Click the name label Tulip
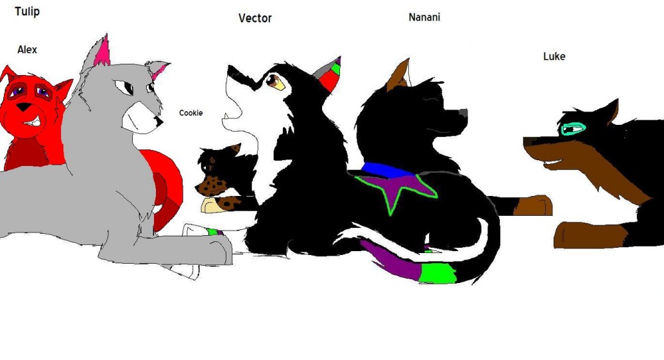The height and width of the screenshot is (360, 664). [x=27, y=11]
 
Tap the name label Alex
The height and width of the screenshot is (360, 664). [x=27, y=50]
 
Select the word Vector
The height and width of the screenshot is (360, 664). [x=255, y=18]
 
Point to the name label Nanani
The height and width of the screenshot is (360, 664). [x=424, y=17]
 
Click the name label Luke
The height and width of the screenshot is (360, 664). [x=554, y=56]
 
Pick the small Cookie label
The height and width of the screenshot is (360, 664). [x=191, y=113]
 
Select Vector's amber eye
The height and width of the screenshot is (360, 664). [x=275, y=82]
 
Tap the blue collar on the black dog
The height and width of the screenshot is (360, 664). [x=387, y=170]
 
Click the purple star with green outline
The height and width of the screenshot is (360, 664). [x=396, y=189]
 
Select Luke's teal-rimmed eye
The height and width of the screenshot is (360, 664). [x=574, y=128]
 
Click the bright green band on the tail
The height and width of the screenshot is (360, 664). [x=438, y=273]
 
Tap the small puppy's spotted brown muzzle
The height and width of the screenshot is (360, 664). [x=211, y=186]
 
